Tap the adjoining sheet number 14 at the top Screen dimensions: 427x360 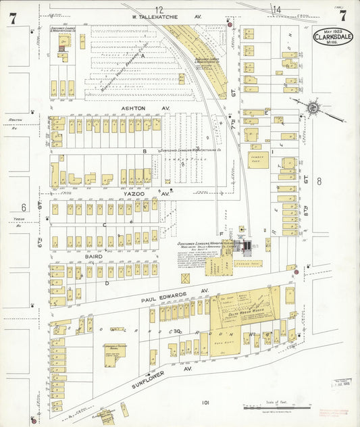click(276, 9)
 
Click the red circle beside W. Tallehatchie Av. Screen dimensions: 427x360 click(230, 25)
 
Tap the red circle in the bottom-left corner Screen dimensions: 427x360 click(33, 420)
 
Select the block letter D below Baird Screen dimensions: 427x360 click(107, 283)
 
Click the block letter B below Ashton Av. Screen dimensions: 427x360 click(145, 151)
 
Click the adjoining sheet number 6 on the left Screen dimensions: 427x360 click(23, 207)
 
